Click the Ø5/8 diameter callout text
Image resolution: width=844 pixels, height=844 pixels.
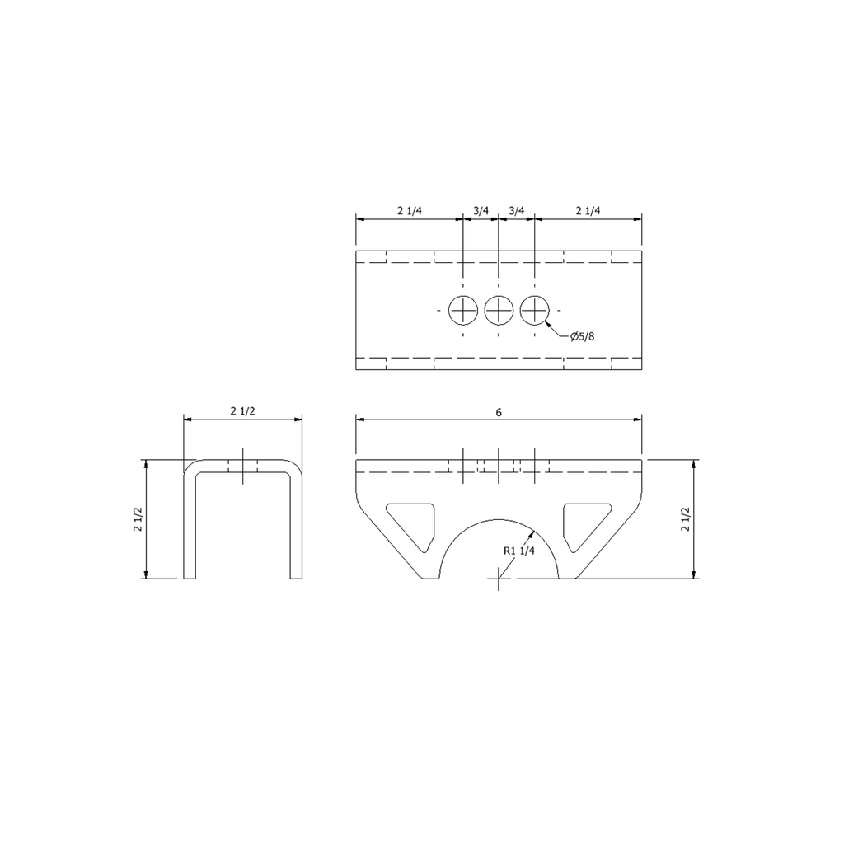pyautogui.click(x=583, y=337)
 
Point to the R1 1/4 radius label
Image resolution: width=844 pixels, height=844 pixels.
pyautogui.click(x=519, y=551)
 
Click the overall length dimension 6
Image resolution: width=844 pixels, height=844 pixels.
pyautogui.click(x=499, y=413)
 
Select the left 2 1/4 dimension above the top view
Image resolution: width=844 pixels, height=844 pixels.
pyautogui.click(x=410, y=210)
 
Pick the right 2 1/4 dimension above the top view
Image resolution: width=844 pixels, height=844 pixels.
pyautogui.click(x=588, y=210)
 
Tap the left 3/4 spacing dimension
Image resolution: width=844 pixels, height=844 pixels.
pyautogui.click(x=481, y=210)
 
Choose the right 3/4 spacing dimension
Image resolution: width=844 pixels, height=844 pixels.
pyautogui.click(x=516, y=210)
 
